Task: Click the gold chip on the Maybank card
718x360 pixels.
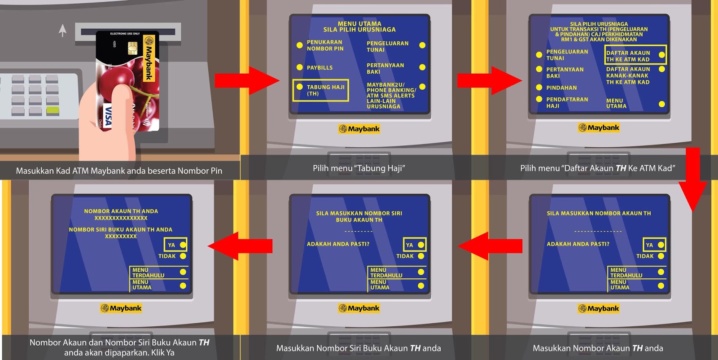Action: coord(132,47)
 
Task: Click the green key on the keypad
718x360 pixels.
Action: coord(53,110)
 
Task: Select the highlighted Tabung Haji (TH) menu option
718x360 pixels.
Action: coord(320,90)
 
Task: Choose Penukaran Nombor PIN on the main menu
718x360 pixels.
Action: coord(324,45)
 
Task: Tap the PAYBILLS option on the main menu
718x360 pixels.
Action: coord(320,68)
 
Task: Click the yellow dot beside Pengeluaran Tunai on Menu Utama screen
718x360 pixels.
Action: coord(422,45)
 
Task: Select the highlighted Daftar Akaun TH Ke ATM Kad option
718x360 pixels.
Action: coord(635,56)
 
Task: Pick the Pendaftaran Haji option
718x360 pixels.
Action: coord(567,103)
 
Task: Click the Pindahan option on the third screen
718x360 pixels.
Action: coord(561,88)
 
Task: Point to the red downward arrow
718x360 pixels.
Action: coord(693,180)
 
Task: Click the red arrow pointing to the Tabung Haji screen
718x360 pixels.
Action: coord(247,81)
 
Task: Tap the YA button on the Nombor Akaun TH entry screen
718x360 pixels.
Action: coord(654,245)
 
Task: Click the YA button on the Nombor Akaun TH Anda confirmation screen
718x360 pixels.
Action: coord(176,245)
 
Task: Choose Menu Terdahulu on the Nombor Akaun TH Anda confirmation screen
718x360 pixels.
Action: coord(159,272)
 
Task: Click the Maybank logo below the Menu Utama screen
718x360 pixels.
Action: coord(359,129)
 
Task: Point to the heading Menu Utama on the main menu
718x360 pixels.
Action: coord(359,24)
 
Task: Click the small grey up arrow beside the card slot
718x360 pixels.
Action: coord(63,31)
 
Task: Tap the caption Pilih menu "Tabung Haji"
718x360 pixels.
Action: coord(359,168)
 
